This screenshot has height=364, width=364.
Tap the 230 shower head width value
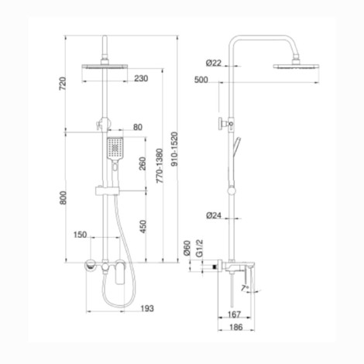tap(140, 78)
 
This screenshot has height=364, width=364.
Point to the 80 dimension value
tap(138, 127)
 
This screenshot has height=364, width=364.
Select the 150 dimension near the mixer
tap(80, 234)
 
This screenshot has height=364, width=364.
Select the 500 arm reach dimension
tap(201, 80)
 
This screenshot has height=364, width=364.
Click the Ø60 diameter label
tap(187, 249)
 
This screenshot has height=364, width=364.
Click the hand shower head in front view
tap(114, 146)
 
